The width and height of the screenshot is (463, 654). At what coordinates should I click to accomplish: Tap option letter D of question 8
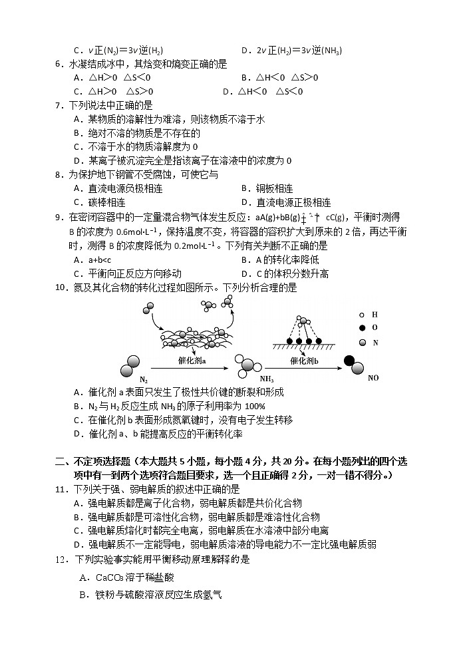pyautogui.click(x=244, y=203)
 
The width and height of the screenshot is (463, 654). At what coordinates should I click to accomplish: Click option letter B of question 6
pyautogui.click(x=244, y=78)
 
